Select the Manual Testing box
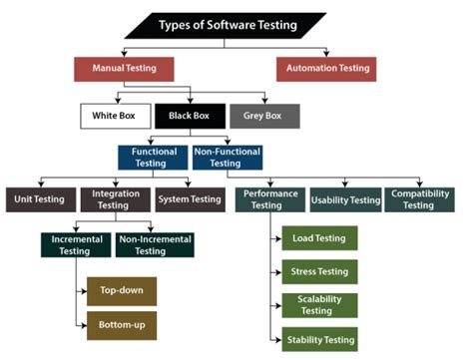(x=123, y=69)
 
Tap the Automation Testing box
(x=325, y=69)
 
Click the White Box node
(x=114, y=116)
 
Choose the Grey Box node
(x=262, y=116)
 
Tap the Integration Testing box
(x=115, y=199)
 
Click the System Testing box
(x=190, y=199)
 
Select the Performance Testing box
(x=268, y=199)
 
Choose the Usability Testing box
(x=344, y=199)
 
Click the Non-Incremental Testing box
(x=155, y=245)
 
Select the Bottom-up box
(x=122, y=325)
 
